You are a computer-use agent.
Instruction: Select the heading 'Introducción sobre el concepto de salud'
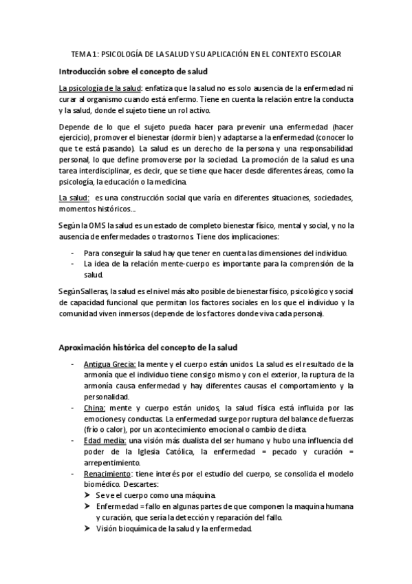click(x=135, y=71)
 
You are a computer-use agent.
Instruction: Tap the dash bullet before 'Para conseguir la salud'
click(x=73, y=253)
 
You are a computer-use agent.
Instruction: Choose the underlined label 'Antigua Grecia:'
click(x=109, y=364)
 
